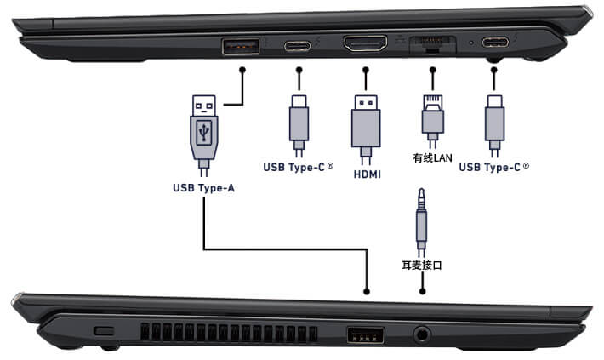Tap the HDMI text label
point(366,174)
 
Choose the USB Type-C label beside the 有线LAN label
point(493,166)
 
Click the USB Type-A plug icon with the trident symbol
point(203,128)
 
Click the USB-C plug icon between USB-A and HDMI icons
point(299,119)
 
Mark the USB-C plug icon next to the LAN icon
point(493,119)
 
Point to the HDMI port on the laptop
point(366,43)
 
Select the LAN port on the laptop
point(431,45)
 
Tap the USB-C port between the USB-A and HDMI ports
point(299,46)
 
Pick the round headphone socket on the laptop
point(422,334)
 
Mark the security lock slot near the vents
point(104,329)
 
